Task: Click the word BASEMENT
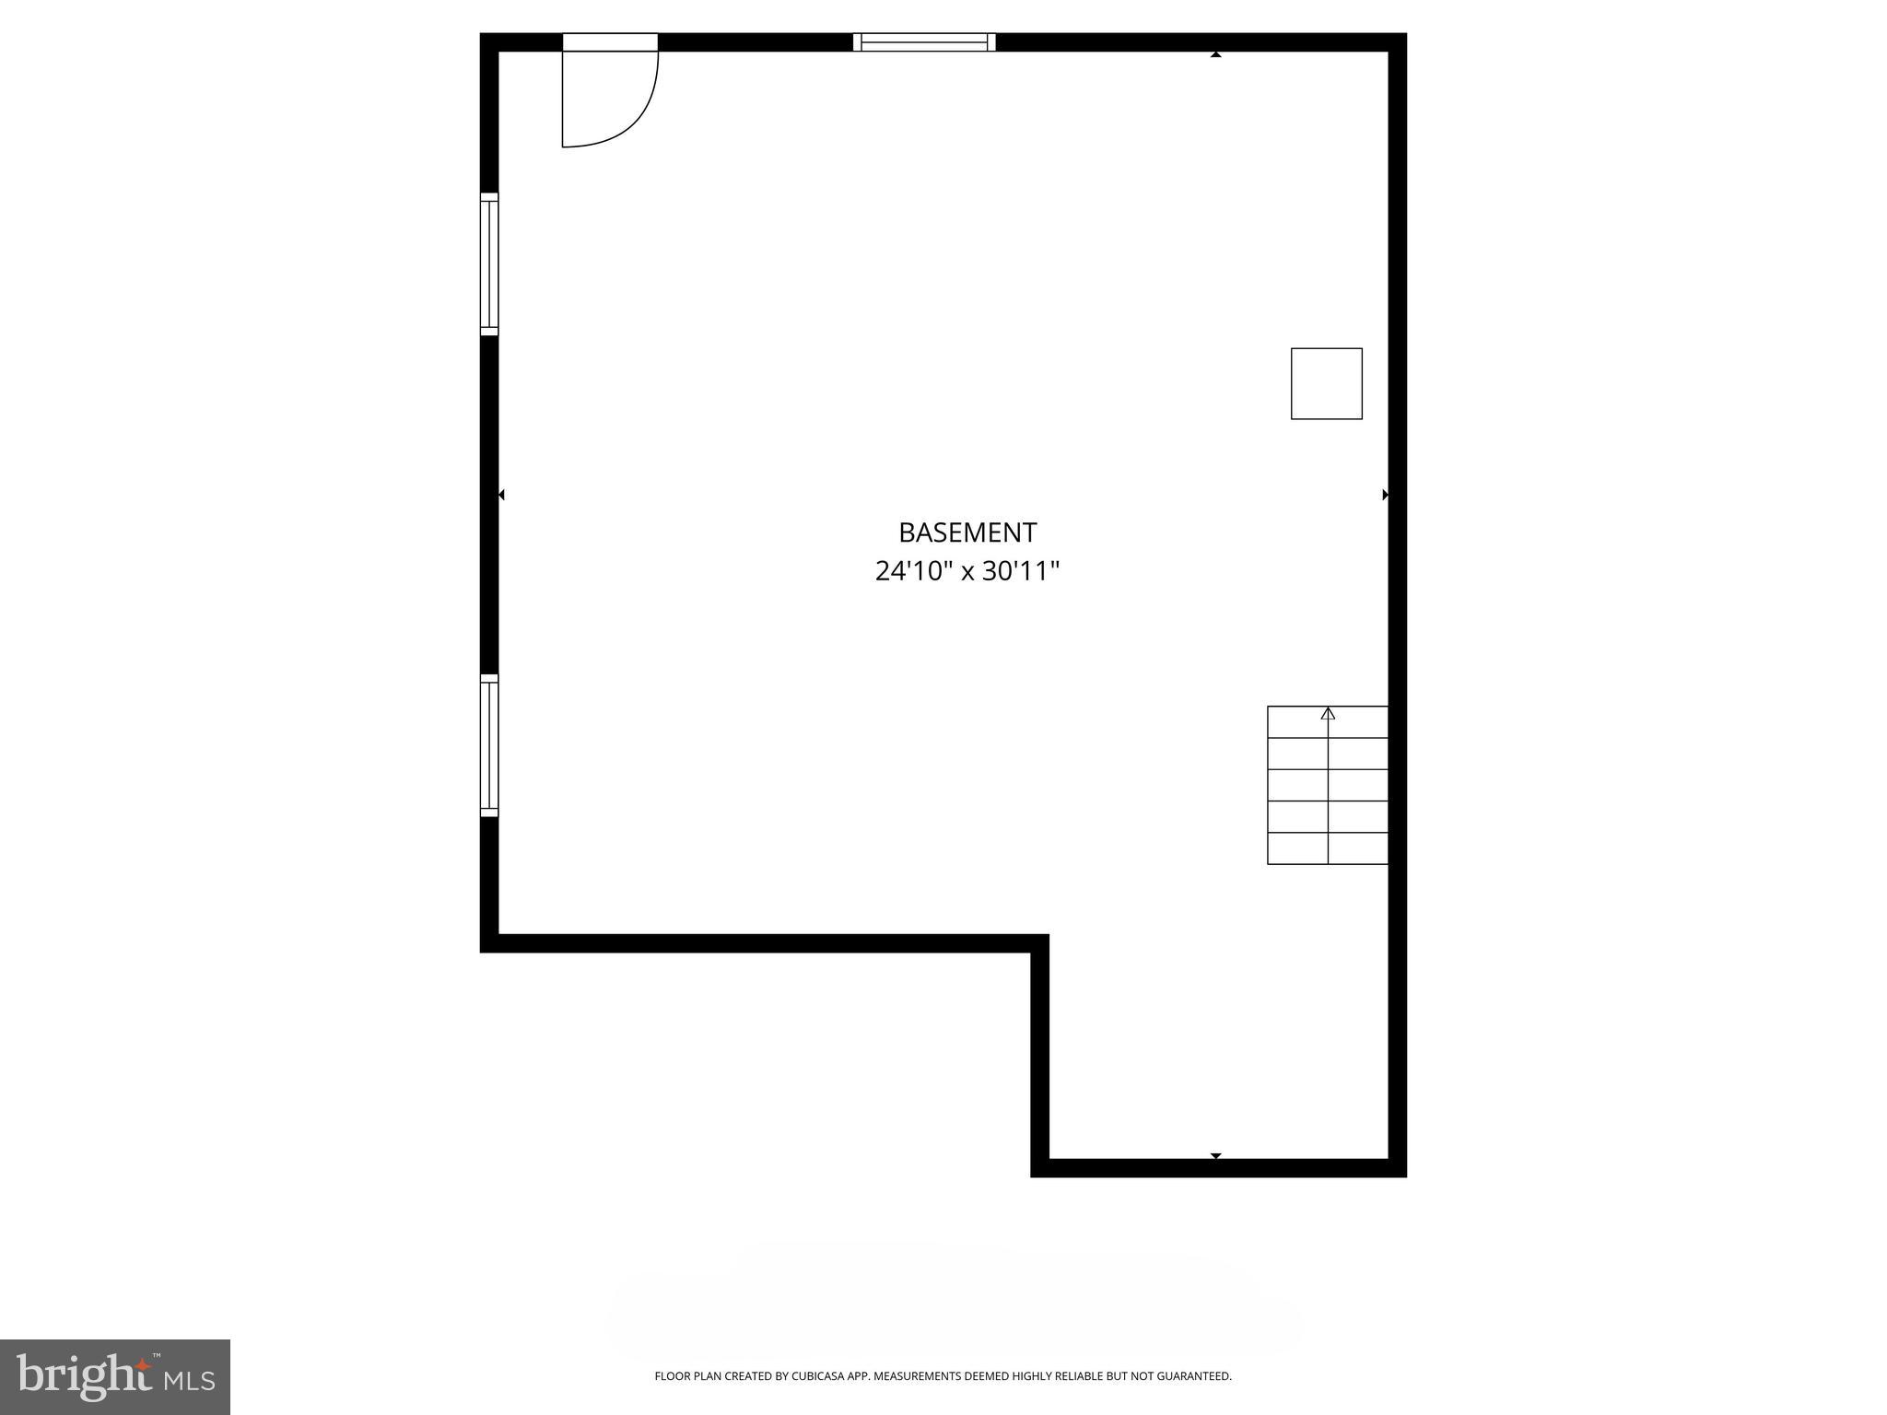pos(967,532)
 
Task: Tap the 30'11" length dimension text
pos(1021,572)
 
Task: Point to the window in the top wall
pos(924,41)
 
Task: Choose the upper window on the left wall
pos(489,263)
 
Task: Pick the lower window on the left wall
pos(489,745)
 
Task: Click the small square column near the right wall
pos(1326,383)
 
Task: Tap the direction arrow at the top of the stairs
pos(1328,713)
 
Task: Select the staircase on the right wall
pos(1328,785)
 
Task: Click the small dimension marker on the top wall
pos(1215,55)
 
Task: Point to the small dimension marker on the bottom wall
pos(1215,1155)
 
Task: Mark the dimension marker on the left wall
pos(501,495)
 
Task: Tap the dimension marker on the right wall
pos(1385,495)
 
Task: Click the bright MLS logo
pos(115,1376)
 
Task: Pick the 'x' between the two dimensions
pos(967,573)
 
